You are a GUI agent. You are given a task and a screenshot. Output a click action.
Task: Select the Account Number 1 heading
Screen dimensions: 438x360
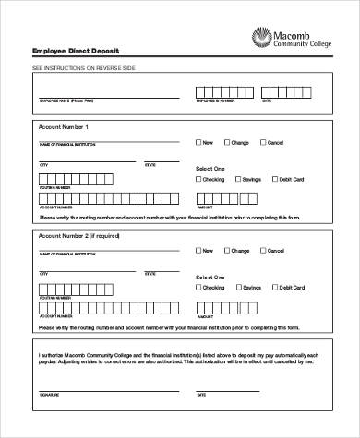[x=64, y=124]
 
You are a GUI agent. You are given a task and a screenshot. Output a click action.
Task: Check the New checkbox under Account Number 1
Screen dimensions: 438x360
[x=198, y=142]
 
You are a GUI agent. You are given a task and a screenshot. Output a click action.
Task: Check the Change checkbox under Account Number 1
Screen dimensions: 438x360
[x=227, y=142]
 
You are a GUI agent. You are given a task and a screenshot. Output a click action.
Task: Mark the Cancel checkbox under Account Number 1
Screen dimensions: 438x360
[x=264, y=142]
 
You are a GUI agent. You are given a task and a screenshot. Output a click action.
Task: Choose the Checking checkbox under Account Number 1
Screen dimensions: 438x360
[x=198, y=180]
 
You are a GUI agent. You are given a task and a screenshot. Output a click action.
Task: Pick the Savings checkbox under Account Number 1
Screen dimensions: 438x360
[x=239, y=180]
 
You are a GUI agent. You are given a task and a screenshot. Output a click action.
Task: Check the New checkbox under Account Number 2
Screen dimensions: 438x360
[x=198, y=251]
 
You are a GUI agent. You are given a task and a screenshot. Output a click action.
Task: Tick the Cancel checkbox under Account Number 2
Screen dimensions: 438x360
[x=264, y=251]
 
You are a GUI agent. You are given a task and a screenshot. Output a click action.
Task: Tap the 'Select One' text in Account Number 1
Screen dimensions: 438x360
[x=210, y=169]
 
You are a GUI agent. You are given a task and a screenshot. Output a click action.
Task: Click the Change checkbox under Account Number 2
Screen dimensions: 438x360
[x=227, y=251]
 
